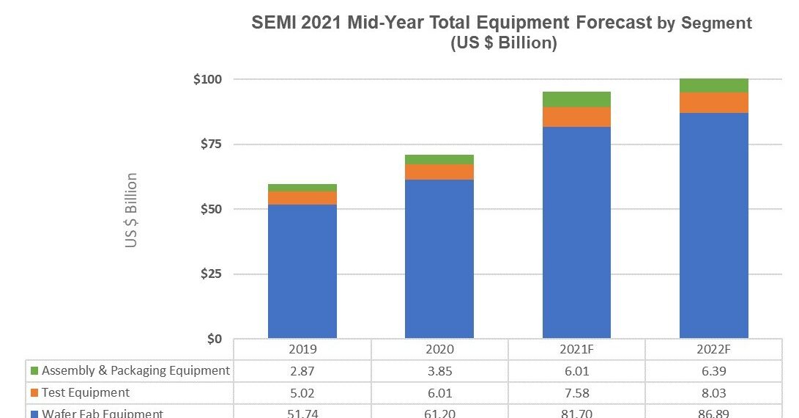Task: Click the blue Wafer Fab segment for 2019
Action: (x=302, y=271)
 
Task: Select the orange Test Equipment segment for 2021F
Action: (x=576, y=117)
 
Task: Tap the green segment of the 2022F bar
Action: (x=713, y=85)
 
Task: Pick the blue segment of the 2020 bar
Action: (x=439, y=259)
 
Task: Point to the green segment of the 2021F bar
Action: (x=576, y=99)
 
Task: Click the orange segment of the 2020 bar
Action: (x=439, y=172)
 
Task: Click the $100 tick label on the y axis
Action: (x=207, y=79)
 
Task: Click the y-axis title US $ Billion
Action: (x=131, y=210)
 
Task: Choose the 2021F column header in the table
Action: (x=576, y=350)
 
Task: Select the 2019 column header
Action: (x=302, y=350)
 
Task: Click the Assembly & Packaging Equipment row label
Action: (x=135, y=370)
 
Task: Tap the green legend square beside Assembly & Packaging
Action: (x=34, y=371)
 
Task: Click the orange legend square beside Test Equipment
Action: (x=34, y=393)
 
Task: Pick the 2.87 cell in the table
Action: (x=302, y=371)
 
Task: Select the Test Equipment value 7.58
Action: (x=576, y=393)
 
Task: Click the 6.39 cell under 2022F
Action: (x=713, y=371)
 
